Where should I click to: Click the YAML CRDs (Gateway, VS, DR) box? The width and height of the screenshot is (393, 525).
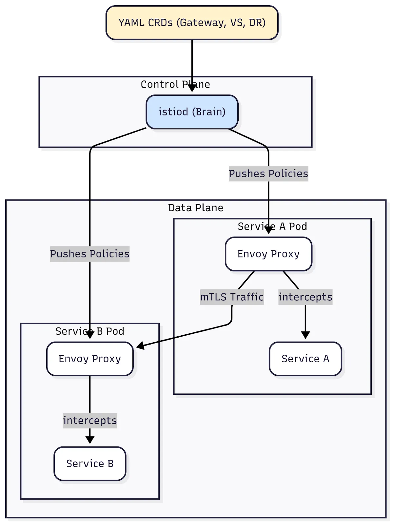tap(192, 23)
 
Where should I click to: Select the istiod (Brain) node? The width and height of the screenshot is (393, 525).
tap(192, 112)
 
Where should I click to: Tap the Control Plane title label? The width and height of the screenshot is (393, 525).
tap(175, 84)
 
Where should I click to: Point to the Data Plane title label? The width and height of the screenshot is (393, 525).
tap(196, 208)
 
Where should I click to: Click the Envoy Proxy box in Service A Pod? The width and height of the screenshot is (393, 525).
tap(268, 254)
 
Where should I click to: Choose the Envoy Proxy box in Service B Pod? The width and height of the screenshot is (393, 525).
tap(90, 359)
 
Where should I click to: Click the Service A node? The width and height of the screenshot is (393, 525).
tap(305, 359)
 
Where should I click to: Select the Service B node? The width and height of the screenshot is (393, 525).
tap(90, 463)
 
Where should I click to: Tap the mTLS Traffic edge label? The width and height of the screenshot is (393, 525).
tap(232, 297)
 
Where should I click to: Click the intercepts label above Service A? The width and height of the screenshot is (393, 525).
tap(305, 297)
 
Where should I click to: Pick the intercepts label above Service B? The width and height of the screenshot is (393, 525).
tap(90, 420)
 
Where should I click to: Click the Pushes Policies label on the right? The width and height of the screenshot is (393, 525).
tap(268, 174)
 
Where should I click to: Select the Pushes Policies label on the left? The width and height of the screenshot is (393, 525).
tap(90, 254)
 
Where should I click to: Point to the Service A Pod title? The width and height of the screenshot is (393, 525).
tap(272, 226)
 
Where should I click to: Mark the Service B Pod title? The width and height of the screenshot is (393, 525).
tap(90, 331)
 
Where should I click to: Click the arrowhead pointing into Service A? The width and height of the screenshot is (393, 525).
tap(305, 335)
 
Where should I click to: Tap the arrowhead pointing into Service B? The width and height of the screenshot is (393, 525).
tap(90, 440)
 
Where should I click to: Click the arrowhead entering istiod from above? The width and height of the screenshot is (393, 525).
tap(192, 88)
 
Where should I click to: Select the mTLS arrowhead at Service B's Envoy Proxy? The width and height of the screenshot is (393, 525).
tap(140, 346)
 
